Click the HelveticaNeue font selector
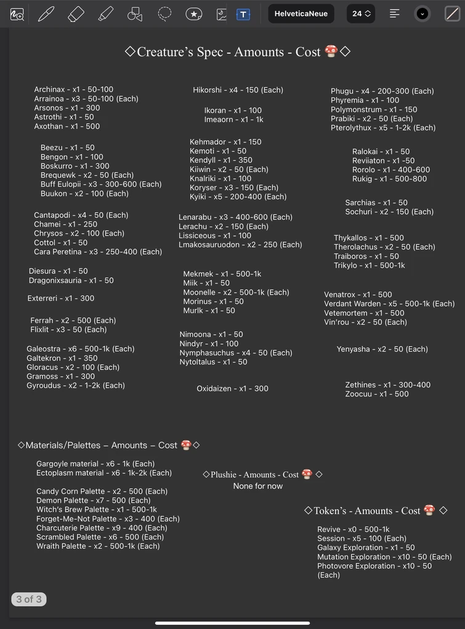[301, 14]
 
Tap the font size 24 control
[362, 14]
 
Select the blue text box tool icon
[243, 14]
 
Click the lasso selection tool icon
[164, 14]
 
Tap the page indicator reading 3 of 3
[29, 599]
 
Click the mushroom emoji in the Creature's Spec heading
[331, 52]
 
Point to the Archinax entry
[73, 89]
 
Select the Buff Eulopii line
[101, 184]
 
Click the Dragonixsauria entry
[71, 281]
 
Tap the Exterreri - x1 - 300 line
[60, 298]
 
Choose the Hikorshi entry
[238, 90]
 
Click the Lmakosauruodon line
[240, 245]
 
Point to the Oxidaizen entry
[232, 388]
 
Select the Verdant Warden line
[389, 304]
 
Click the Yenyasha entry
[382, 349]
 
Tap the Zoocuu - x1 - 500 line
[376, 394]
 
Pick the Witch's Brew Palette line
[96, 509]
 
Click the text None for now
[257, 486]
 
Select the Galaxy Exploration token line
[366, 548]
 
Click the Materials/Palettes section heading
[102, 445]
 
